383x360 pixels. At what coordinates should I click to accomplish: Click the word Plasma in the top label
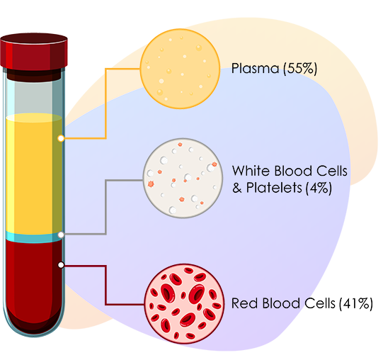pos(255,68)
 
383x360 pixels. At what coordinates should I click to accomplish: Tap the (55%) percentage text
pos(300,69)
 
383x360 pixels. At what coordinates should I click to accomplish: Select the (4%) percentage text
pos(319,188)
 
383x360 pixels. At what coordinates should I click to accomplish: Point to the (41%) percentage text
pos(355,303)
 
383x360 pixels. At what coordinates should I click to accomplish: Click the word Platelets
pos(274,188)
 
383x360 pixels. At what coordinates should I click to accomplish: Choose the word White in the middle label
pos(251,171)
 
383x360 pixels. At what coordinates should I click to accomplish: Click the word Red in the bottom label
pos(245,303)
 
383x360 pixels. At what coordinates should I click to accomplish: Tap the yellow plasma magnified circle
pos(180,69)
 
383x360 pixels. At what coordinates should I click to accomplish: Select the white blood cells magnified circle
pos(183,178)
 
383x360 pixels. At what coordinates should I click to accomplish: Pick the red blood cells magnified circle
pos(184,304)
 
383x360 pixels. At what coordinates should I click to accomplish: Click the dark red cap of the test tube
pos(34,52)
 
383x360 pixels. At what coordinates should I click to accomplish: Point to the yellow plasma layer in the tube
pos(34,174)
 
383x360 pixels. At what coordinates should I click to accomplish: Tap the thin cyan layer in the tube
pos(34,237)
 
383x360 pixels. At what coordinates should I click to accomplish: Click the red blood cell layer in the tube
pos(34,286)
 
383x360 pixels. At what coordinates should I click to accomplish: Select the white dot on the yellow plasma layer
pos(61,138)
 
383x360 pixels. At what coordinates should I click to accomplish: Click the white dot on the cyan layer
pos(61,235)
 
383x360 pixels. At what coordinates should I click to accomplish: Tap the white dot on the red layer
pos(61,265)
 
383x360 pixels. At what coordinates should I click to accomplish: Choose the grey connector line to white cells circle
pos(105,208)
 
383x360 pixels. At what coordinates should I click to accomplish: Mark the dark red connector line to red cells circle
pos(105,285)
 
